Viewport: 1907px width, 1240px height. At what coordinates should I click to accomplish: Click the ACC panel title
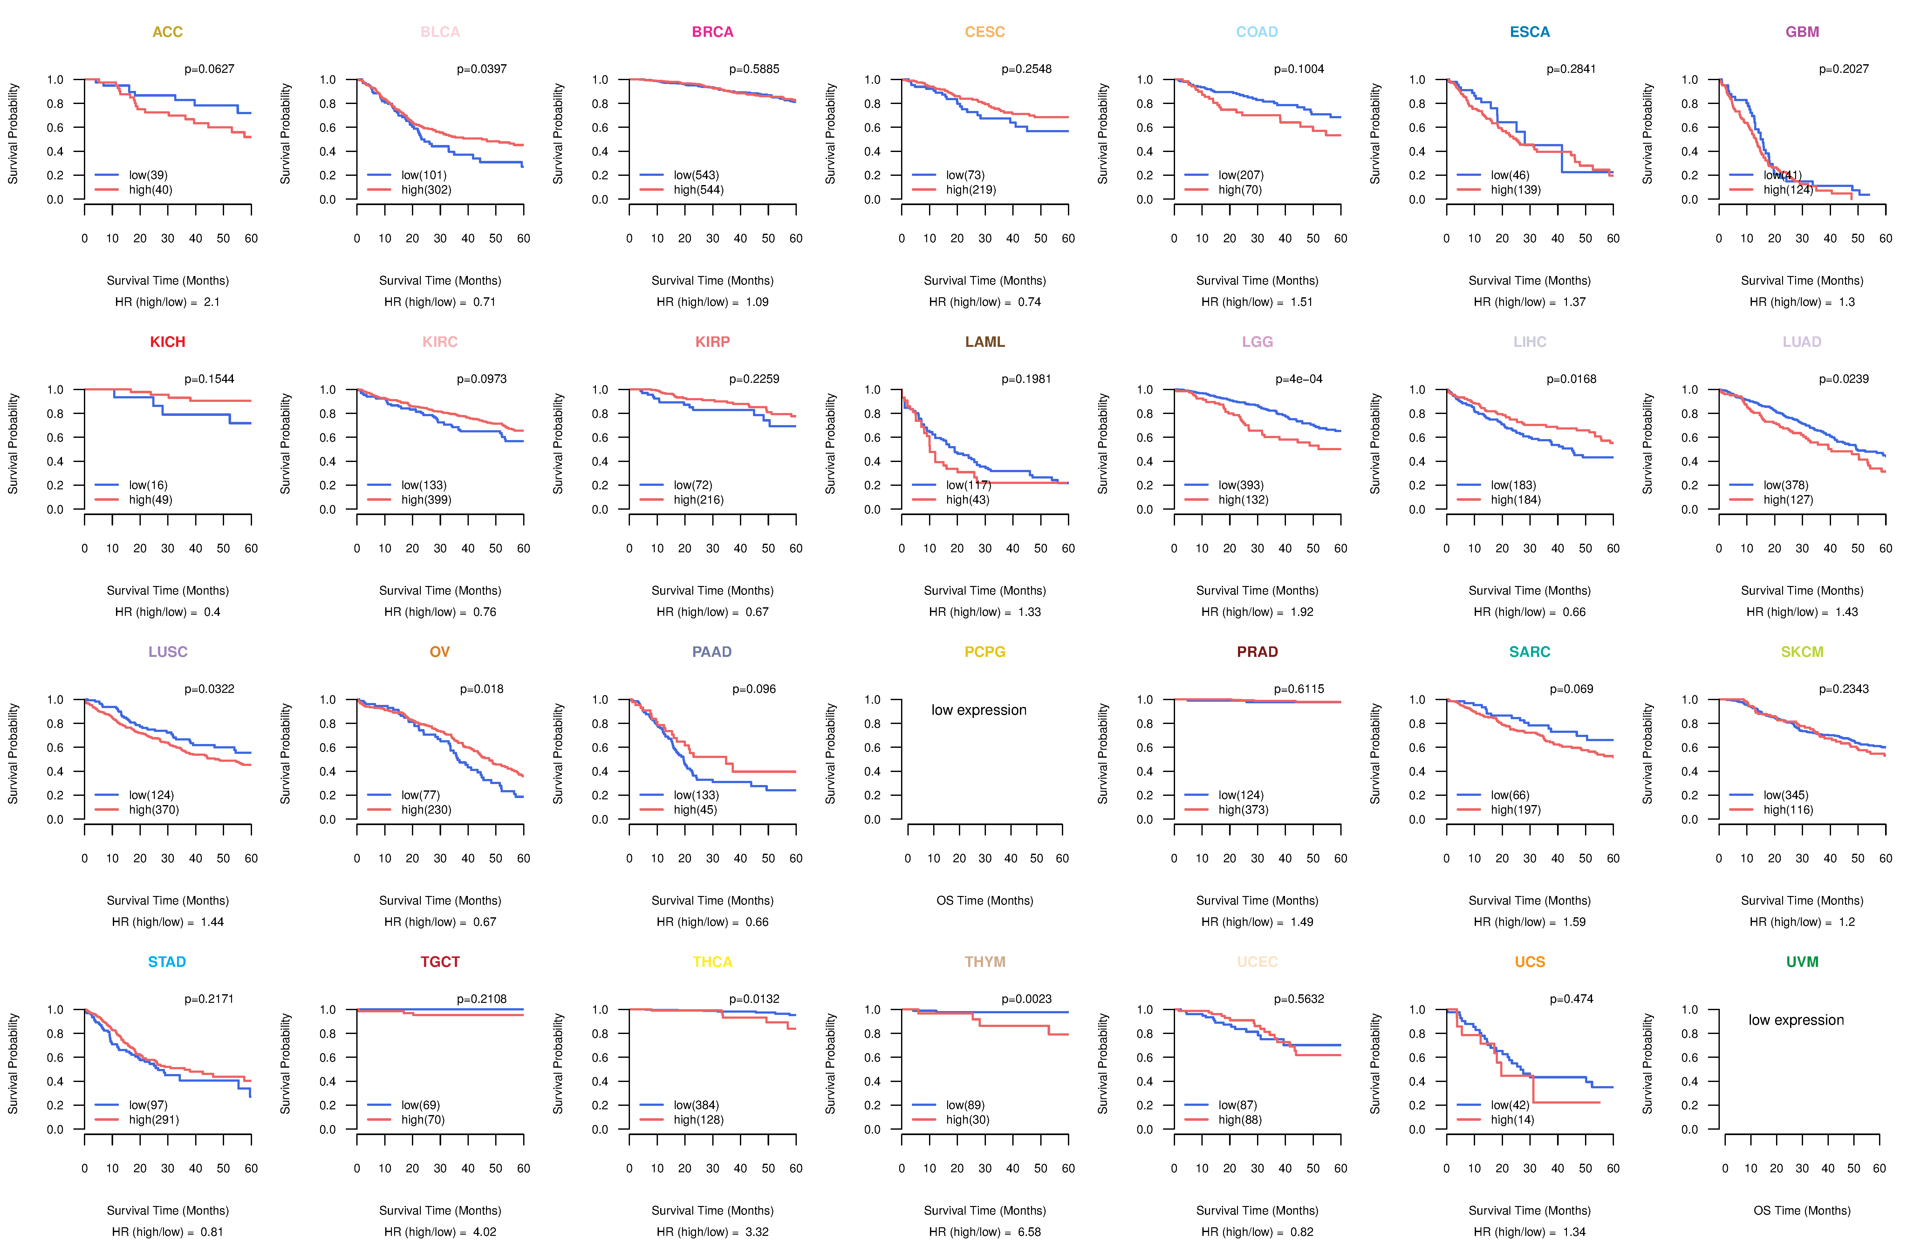coord(167,32)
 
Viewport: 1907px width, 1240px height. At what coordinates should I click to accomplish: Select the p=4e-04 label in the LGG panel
coord(1299,379)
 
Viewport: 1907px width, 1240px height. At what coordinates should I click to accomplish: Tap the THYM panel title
coord(985,962)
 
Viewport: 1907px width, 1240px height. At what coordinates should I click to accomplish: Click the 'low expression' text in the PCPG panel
coord(978,710)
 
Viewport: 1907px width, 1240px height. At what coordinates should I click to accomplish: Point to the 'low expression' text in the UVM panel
coord(1796,1020)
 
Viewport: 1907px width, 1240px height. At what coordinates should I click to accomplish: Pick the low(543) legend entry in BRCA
coord(695,175)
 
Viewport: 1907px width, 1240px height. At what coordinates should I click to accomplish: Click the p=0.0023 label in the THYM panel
coord(1026,999)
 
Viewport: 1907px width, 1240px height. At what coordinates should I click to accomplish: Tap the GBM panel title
coord(1802,32)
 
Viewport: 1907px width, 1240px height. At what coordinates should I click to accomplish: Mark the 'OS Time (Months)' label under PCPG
coord(985,901)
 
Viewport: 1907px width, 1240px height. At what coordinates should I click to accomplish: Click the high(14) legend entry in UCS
coord(1512,1120)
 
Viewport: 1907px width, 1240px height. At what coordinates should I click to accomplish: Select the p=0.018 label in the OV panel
coord(482,689)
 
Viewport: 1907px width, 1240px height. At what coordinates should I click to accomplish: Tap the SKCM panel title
coord(1802,652)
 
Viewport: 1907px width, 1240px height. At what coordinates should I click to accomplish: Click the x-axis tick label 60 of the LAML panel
coord(1068,548)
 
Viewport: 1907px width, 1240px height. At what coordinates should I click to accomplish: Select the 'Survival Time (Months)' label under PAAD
coord(712,901)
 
